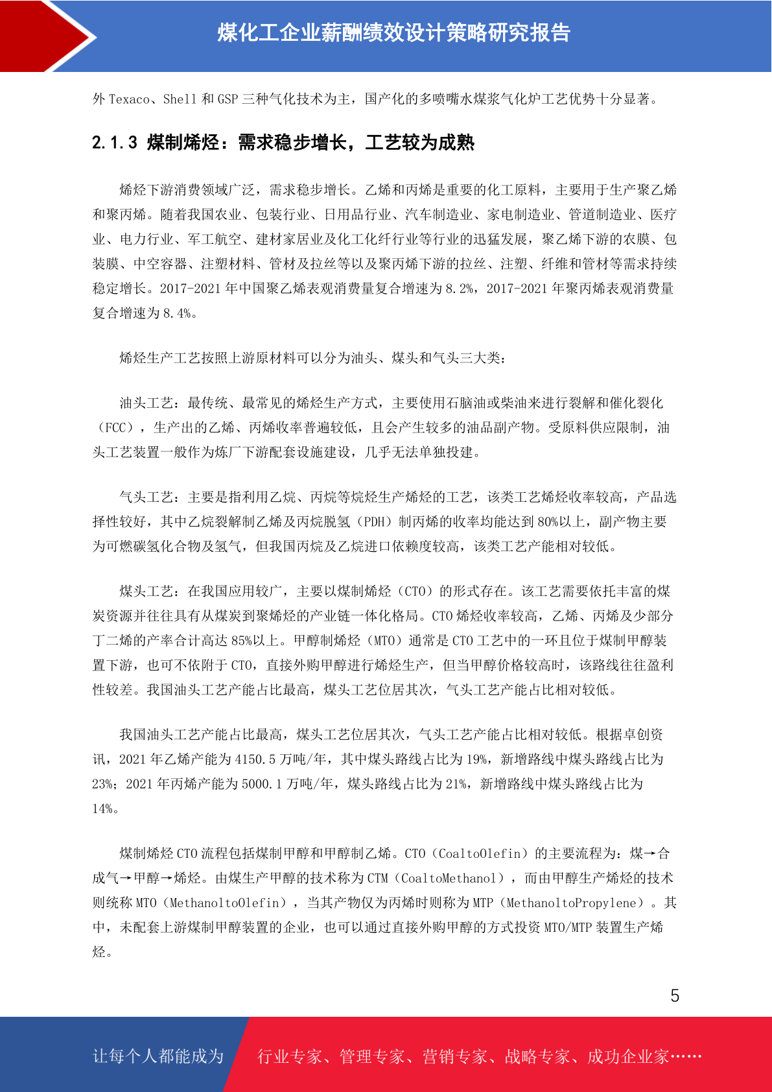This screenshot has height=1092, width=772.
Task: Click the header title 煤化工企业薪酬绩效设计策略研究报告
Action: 393,33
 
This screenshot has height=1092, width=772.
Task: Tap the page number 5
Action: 675,995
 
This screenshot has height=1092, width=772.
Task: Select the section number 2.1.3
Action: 115,143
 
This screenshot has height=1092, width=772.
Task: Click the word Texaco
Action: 129,99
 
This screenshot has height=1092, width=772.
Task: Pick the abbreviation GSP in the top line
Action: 228,99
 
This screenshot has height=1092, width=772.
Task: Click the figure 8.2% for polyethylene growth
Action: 460,289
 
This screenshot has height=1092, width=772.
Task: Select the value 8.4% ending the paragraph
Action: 177,313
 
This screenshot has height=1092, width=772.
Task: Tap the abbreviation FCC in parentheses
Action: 115,428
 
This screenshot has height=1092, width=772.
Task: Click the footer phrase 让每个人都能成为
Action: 158,1056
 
